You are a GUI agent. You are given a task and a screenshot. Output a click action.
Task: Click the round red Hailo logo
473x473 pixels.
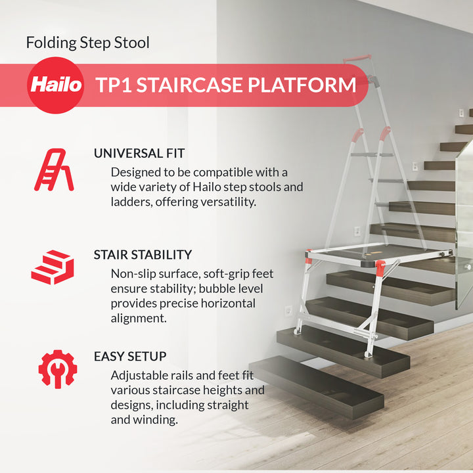55,85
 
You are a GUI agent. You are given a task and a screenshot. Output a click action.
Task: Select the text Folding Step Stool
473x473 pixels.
88,43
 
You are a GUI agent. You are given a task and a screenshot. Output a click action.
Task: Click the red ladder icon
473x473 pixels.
54,169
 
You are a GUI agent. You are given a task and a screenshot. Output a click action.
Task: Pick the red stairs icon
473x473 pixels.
52,267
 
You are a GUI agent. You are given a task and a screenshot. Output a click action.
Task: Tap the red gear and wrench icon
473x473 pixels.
57,369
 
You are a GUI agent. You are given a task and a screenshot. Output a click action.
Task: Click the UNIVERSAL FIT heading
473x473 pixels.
139,153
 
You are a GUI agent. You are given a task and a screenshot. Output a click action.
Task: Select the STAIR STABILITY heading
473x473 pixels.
143,254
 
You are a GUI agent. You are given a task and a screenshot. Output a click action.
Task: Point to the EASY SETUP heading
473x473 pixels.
130,356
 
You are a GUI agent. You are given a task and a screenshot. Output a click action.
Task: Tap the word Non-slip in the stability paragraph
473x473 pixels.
134,273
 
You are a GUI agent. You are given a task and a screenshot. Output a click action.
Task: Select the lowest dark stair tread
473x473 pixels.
315,384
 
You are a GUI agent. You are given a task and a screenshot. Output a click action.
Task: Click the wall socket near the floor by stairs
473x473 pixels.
288,310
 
